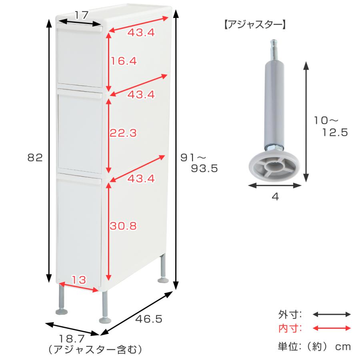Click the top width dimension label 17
82,15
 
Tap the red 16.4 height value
124,61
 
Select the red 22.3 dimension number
123,133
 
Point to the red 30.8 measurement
123,226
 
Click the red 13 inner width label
79,280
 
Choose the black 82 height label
35,158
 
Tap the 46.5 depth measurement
149,319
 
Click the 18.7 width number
72,339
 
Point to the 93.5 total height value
204,168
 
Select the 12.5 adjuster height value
335,132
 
